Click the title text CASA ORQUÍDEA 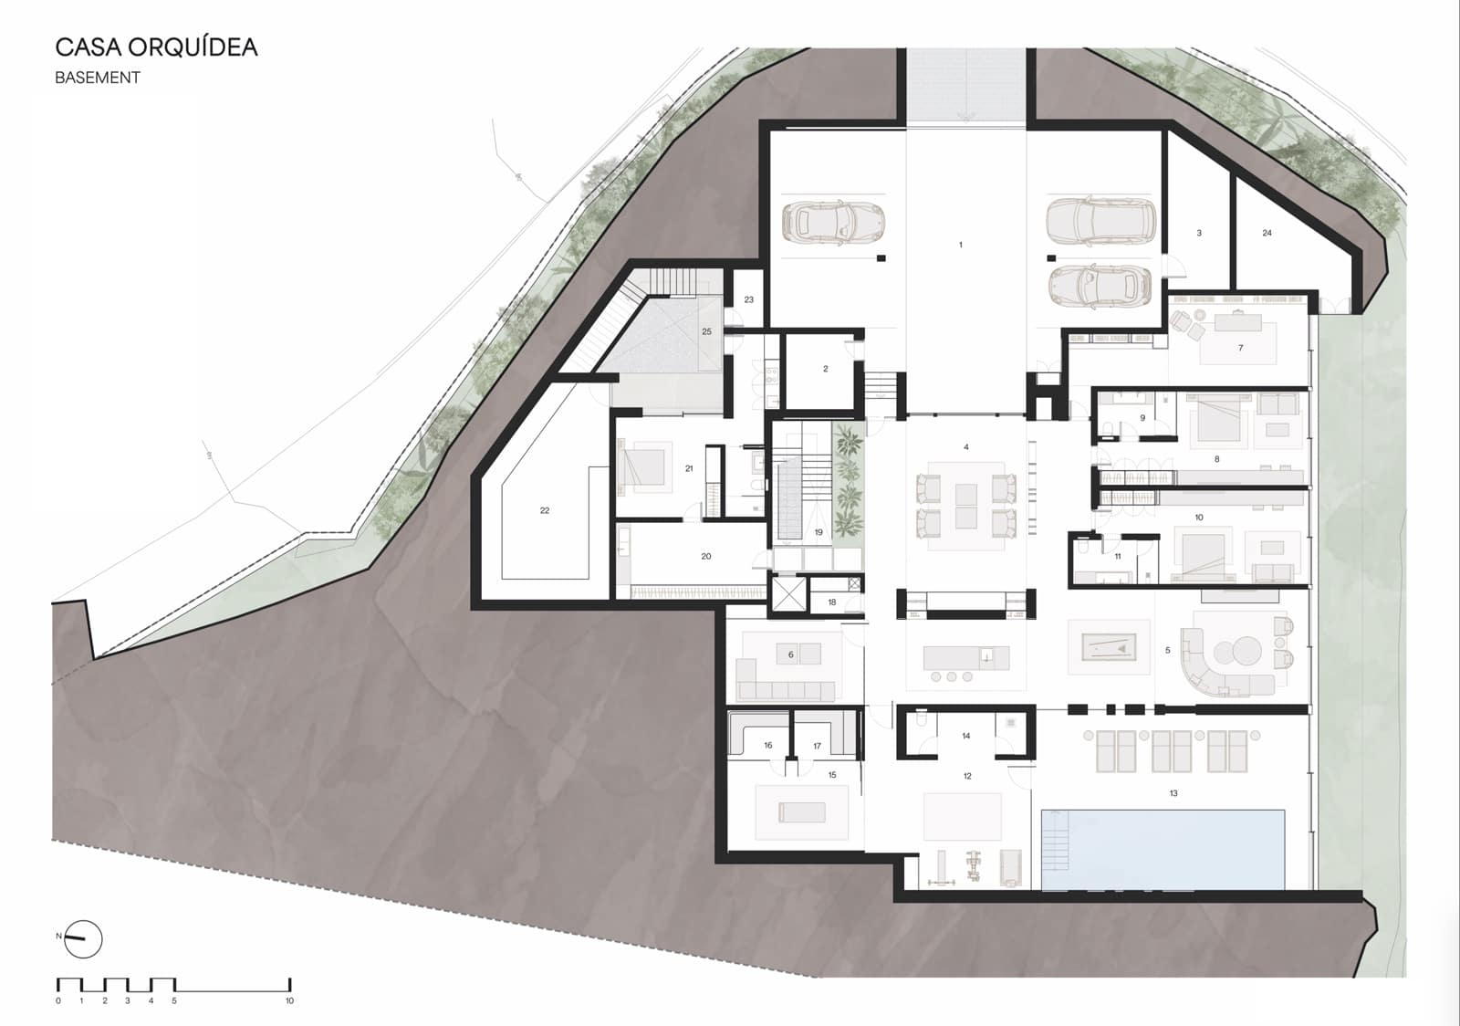pos(156,47)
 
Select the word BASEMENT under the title pos(98,79)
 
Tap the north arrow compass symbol pos(83,938)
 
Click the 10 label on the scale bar pos(289,1001)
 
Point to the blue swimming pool pos(1163,849)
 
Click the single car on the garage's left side pos(833,222)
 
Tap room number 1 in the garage pos(960,245)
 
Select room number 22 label pos(545,510)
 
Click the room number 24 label pos(1267,233)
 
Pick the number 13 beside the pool pos(1173,793)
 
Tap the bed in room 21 pos(645,466)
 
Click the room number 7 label pos(1240,348)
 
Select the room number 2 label pos(825,369)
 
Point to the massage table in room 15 pos(802,811)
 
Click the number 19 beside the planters pos(819,532)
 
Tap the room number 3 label pos(1199,233)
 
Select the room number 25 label pos(706,331)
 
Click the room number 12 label pos(967,776)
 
